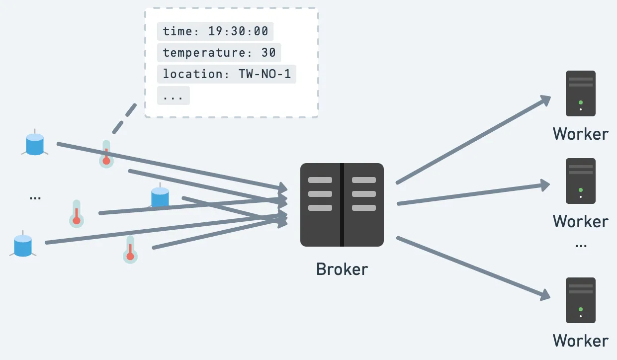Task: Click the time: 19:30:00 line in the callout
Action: click(215, 31)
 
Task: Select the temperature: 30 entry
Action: click(219, 53)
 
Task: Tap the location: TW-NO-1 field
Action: click(227, 74)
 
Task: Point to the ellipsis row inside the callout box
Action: click(173, 95)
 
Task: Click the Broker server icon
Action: click(342, 205)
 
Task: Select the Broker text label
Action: click(342, 269)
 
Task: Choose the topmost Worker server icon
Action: click(580, 93)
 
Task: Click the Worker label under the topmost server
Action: click(580, 134)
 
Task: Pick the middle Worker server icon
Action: click(580, 181)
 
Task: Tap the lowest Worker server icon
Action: click(580, 300)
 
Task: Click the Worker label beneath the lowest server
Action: click(580, 341)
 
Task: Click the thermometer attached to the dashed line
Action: click(106, 154)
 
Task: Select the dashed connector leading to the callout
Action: click(124, 118)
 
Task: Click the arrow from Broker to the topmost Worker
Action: click(472, 140)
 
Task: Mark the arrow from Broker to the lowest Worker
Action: click(472, 268)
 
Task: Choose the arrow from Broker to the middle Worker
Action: click(472, 194)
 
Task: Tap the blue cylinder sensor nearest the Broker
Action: click(160, 197)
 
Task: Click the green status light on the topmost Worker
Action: click(580, 102)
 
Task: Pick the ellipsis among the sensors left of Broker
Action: click(35, 197)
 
